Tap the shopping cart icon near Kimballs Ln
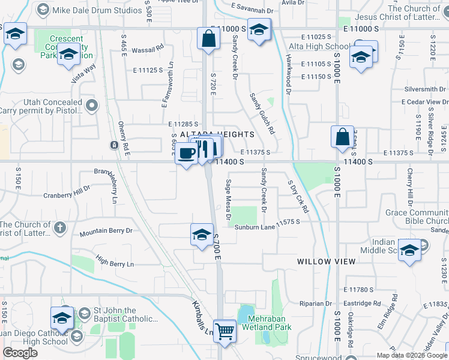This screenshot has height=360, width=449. [224, 330]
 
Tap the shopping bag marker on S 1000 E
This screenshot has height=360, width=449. [342, 136]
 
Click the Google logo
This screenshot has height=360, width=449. [20, 353]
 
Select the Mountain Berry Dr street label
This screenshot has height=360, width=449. [106, 230]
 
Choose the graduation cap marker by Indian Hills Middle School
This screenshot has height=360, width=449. [409, 250]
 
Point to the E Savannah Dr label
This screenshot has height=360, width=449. [252, 11]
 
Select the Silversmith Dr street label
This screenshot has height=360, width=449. [426, 89]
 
